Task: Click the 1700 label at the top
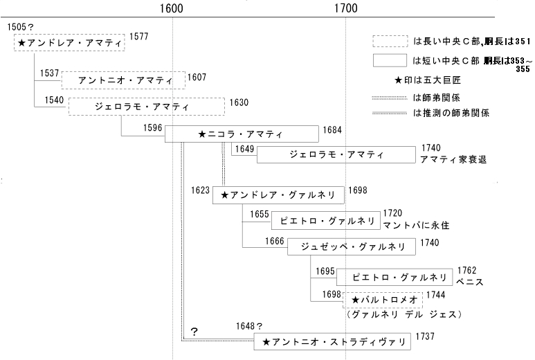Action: click(345, 9)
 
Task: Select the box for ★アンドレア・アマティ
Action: click(70, 43)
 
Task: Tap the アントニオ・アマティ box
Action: click(124, 80)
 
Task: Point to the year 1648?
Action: click(249, 326)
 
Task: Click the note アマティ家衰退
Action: click(453, 159)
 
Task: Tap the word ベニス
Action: click(469, 282)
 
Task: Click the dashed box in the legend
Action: click(389, 41)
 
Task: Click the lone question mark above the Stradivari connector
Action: click(194, 332)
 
